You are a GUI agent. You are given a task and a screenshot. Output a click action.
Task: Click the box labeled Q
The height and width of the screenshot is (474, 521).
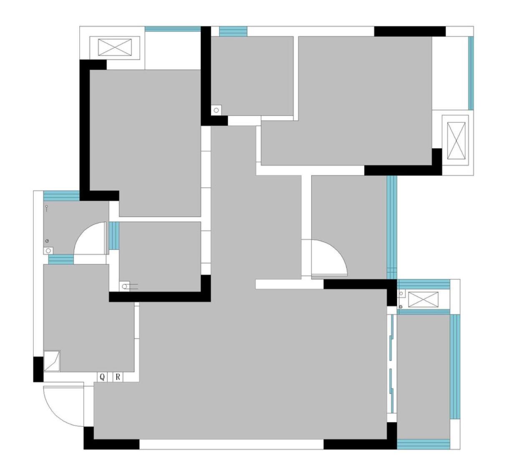pyautogui.click(x=102, y=377)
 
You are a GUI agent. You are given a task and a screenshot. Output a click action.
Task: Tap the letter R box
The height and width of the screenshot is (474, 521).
pyautogui.click(x=118, y=377)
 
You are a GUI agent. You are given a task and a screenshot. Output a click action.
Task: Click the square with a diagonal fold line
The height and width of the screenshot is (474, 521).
pyautogui.click(x=52, y=361)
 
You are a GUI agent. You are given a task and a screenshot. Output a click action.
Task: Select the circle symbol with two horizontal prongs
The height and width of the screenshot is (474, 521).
pyautogui.click(x=128, y=286)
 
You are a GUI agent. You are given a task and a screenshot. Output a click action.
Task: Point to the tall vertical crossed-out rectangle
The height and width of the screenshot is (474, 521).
pyautogui.click(x=456, y=141)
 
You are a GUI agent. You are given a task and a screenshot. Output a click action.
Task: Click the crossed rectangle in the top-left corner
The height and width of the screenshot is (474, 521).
pyautogui.click(x=115, y=47)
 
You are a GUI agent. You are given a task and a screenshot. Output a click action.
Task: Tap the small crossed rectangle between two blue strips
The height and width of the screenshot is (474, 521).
pyautogui.click(x=423, y=299)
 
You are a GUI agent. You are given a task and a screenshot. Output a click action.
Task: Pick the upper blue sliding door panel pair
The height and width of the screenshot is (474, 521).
pyautogui.click(x=391, y=337)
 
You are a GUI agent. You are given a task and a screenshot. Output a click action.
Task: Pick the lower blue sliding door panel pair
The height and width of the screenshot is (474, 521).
pyautogui.click(x=391, y=391)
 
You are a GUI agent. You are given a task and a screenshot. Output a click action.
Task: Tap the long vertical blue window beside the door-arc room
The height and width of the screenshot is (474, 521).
pyautogui.click(x=392, y=228)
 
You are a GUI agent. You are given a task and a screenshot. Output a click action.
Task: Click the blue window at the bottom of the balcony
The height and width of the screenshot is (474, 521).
pyautogui.click(x=423, y=444)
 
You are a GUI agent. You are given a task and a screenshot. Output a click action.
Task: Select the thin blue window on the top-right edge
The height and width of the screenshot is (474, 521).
pyautogui.click(x=471, y=73)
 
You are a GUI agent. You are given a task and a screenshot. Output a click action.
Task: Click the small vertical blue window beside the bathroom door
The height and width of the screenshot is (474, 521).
pyautogui.click(x=114, y=236)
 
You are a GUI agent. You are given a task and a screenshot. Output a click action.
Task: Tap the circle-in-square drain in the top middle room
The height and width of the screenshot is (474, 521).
pyautogui.click(x=216, y=110)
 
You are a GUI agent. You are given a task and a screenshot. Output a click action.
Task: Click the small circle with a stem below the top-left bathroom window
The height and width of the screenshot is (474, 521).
pyautogui.click(x=46, y=208)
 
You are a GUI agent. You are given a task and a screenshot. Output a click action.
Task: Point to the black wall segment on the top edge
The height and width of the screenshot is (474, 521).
pyautogui.click(x=410, y=31)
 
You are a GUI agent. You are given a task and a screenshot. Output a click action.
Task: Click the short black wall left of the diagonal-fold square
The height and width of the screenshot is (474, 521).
pyautogui.click(x=38, y=369)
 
